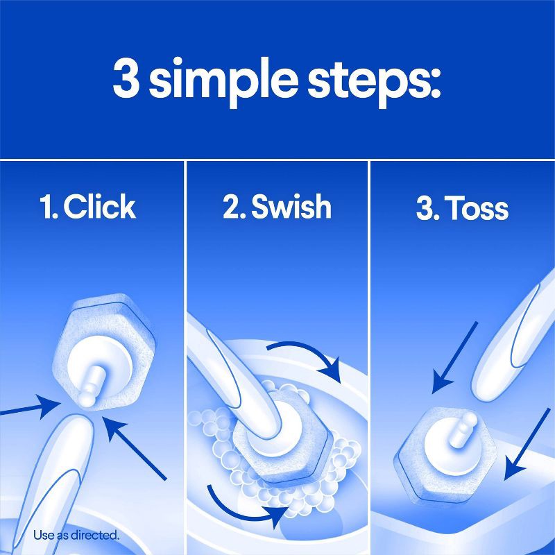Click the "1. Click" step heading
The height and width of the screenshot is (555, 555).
coord(87,207)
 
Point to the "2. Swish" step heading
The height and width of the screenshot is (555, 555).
coord(277,207)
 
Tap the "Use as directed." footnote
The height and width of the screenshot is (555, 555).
coord(76,535)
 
